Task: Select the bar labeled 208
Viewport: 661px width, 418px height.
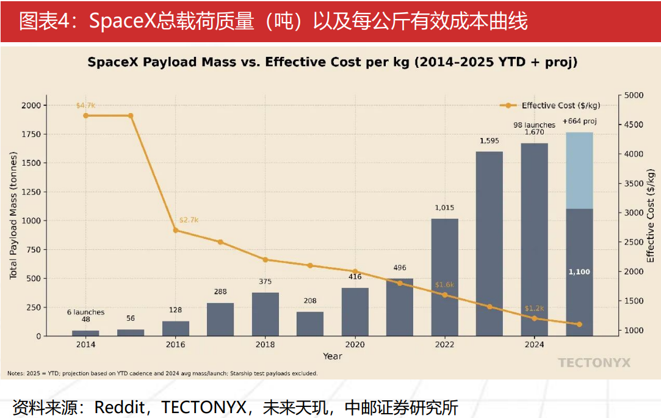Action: click(310, 323)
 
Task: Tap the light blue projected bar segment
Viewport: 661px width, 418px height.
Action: click(579, 170)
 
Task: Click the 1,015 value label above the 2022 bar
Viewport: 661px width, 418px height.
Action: click(444, 208)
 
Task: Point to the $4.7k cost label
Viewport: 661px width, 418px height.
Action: click(85, 106)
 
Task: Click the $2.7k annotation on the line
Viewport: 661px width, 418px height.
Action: click(189, 220)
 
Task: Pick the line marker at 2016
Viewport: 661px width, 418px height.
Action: click(176, 230)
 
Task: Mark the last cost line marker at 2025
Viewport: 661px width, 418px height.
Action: click(579, 324)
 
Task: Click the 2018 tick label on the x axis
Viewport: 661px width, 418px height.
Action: click(265, 345)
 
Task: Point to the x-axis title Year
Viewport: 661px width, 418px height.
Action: click(333, 356)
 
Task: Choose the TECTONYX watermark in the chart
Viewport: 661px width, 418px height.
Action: click(594, 363)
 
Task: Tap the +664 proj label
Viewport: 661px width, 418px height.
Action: click(579, 121)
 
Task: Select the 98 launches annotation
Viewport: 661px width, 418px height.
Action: click(534, 125)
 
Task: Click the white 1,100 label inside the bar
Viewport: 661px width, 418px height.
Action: click(579, 272)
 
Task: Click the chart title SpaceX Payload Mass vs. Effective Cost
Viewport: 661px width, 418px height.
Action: click(333, 62)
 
